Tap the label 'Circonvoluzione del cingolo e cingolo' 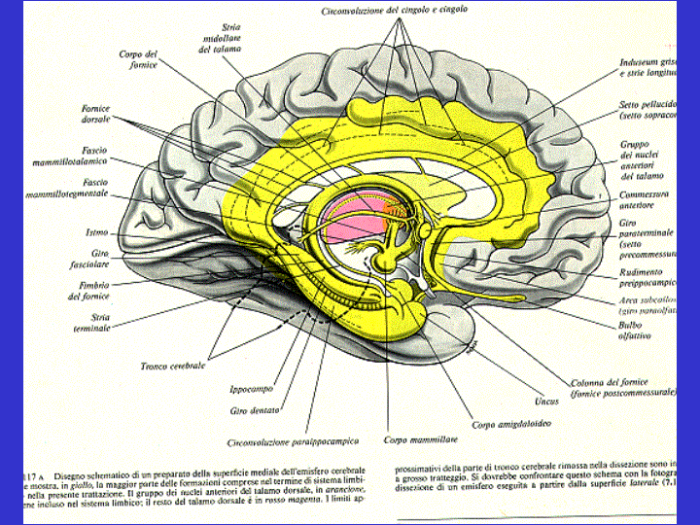coord(394,11)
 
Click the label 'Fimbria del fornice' coord(94,291)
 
